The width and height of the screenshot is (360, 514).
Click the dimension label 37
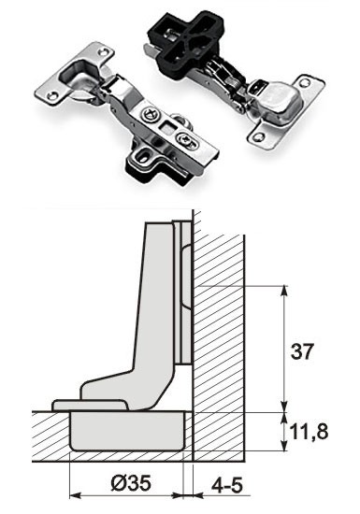pos(302,351)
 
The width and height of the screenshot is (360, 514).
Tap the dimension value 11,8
pos(309,431)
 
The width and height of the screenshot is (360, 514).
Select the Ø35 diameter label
pos(131,483)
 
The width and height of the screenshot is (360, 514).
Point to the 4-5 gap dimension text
pos(227,485)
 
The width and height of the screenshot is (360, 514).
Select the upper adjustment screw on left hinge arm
pos(151,115)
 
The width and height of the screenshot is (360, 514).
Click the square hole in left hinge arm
pos(166,127)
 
